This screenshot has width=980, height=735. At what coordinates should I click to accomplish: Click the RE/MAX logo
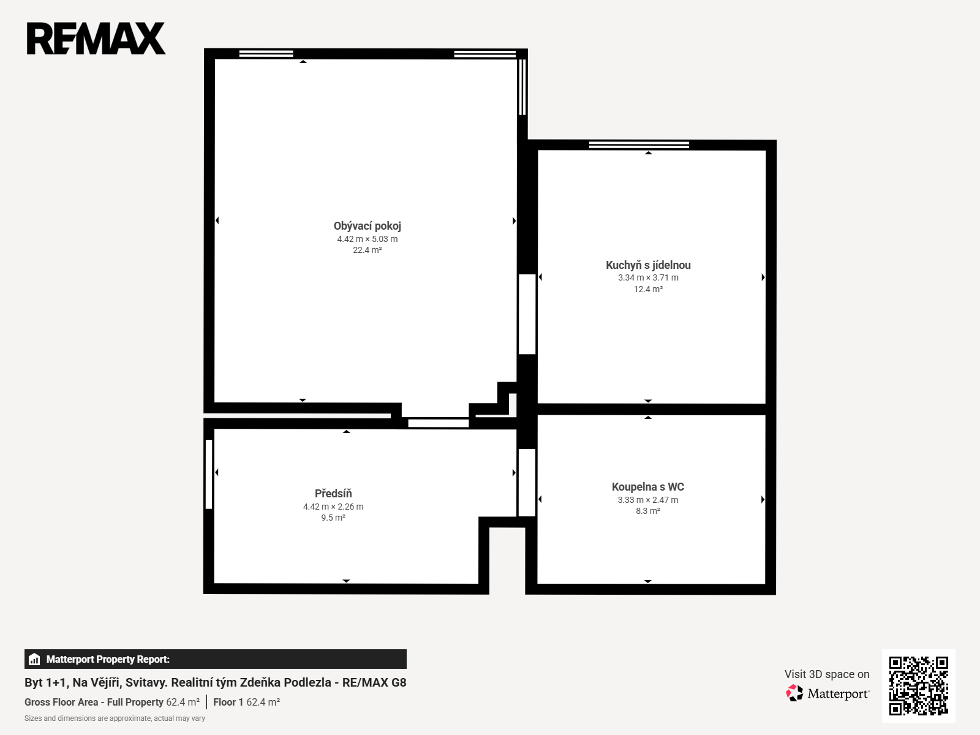point(96,39)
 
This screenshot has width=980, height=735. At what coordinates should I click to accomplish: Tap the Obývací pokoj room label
point(367,226)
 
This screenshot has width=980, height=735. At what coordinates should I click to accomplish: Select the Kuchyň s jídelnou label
point(648,265)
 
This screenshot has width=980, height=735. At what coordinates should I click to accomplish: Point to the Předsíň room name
point(333,493)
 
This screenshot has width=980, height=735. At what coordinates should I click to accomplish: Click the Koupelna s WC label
point(647,486)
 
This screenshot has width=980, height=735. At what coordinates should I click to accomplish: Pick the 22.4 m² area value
point(367,250)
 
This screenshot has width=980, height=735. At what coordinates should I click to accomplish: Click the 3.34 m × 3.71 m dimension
point(648,277)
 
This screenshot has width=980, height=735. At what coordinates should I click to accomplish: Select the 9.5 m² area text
point(333,518)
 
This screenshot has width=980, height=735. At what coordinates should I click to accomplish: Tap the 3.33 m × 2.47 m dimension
point(647,500)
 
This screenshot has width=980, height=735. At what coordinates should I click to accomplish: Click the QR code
point(918,685)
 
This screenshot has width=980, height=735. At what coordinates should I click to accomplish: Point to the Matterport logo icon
point(794,693)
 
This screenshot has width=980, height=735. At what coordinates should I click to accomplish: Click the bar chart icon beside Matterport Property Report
point(34,659)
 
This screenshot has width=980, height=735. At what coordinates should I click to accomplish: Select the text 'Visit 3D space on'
point(827,674)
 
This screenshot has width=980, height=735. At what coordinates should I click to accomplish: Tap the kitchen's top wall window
point(639,145)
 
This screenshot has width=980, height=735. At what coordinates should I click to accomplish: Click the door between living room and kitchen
point(527,314)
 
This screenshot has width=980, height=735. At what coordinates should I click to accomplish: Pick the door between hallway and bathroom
point(527,483)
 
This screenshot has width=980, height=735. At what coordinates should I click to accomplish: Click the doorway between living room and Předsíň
point(439,423)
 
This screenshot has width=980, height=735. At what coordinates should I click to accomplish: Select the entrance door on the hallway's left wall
point(208,474)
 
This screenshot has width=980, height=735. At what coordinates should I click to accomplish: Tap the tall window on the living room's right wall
point(522,87)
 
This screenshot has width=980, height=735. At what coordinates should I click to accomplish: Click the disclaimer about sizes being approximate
point(115,718)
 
